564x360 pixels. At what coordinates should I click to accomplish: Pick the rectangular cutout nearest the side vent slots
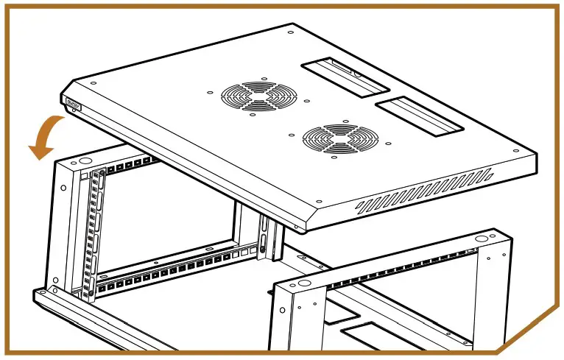pyautogui.click(x=420, y=117)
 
